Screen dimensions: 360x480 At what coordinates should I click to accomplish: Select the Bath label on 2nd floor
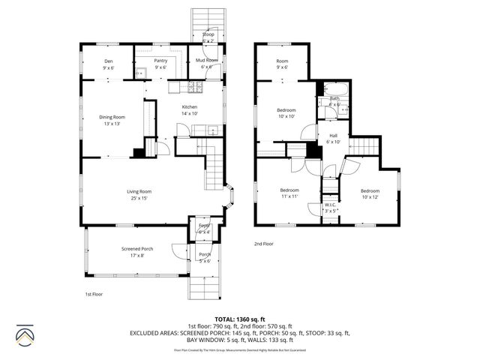coord(334,100)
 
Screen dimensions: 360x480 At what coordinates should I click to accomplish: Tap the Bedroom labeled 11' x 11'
coord(289,193)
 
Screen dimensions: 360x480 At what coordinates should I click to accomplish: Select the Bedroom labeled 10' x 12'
coord(370,193)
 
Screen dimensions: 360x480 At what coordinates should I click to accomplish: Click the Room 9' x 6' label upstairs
coord(282,64)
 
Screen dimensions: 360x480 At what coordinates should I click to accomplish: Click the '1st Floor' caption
coord(93,294)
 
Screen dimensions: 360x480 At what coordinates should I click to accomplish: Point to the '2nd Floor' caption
coord(264,244)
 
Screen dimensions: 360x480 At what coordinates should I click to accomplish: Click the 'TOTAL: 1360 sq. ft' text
coord(239,319)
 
